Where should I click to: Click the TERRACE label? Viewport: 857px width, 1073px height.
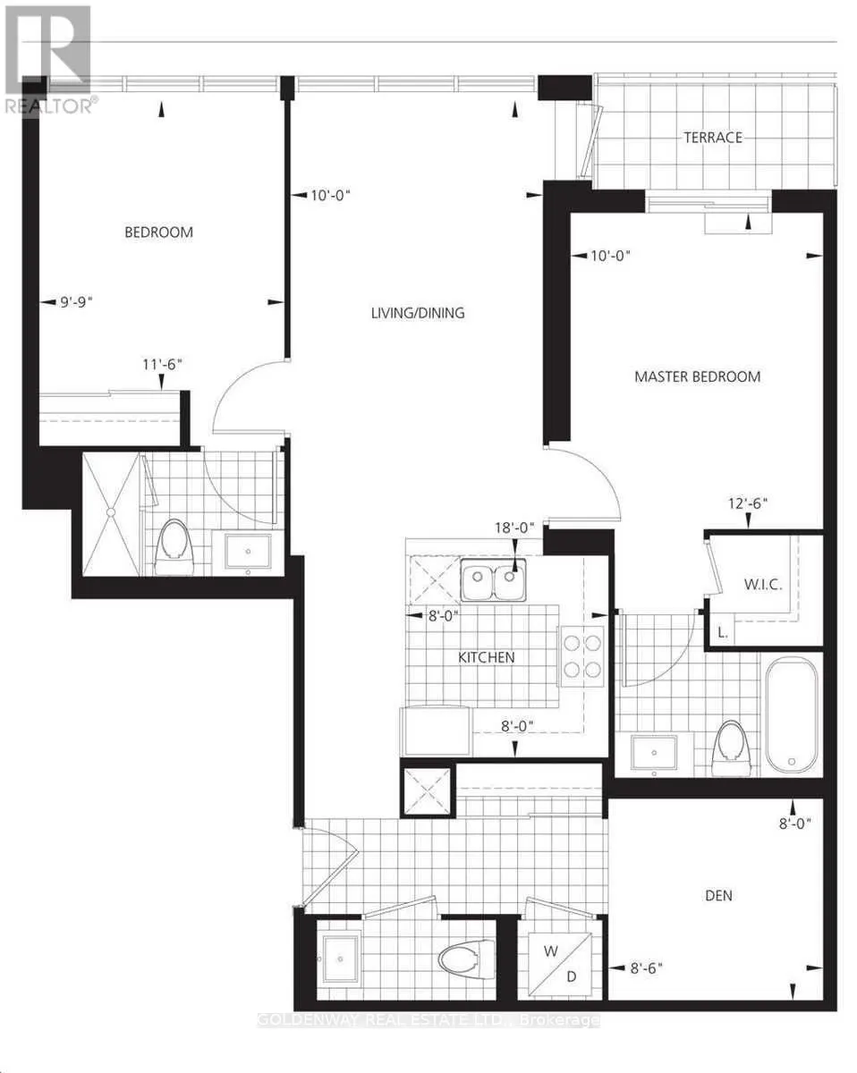pyautogui.click(x=713, y=138)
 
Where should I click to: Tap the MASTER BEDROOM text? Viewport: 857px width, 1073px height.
pyautogui.click(x=697, y=376)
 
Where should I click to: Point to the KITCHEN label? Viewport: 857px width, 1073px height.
pyautogui.click(x=487, y=657)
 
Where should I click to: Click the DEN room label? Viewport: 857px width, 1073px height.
pyautogui.click(x=718, y=895)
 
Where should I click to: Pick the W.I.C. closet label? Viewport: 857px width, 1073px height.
pyautogui.click(x=763, y=585)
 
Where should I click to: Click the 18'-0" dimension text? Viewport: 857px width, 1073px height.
pyautogui.click(x=514, y=528)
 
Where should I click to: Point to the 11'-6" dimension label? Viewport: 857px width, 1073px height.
pyautogui.click(x=162, y=365)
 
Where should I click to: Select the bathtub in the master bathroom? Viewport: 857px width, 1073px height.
pyautogui.click(x=791, y=714)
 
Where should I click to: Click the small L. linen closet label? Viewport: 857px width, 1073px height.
pyautogui.click(x=722, y=633)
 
